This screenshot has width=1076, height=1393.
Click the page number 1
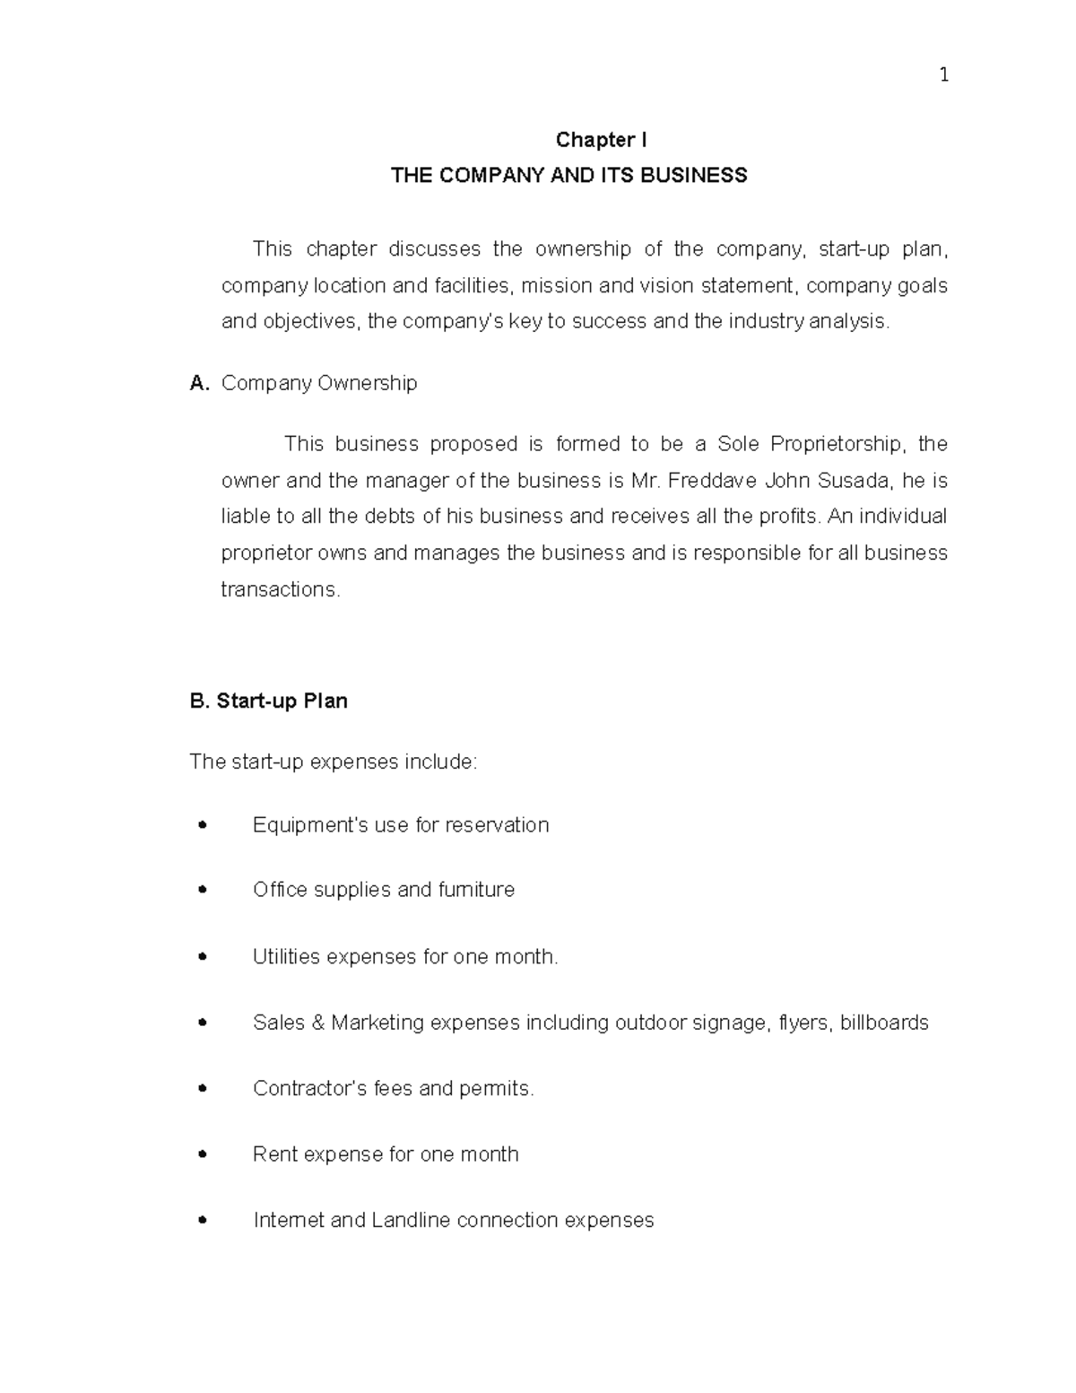(943, 75)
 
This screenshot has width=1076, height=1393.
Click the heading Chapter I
(601, 140)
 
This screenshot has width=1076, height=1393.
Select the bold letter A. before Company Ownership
(199, 384)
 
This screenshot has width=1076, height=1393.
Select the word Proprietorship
(837, 444)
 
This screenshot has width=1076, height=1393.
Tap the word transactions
(280, 589)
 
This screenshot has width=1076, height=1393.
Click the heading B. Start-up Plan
(269, 701)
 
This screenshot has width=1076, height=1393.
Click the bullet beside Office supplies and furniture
(202, 890)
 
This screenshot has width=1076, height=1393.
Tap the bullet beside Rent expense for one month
(202, 1154)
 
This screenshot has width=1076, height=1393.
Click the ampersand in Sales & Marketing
(317, 1023)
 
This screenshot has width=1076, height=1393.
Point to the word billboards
(883, 1023)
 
